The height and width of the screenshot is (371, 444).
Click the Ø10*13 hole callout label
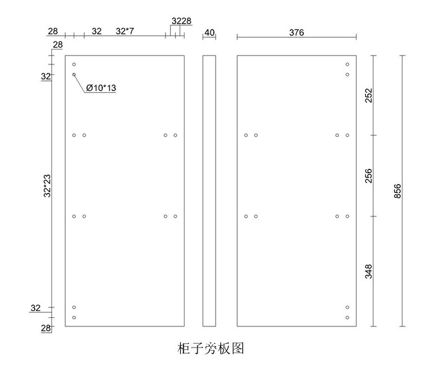[x=102, y=88]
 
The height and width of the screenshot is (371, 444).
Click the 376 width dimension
[x=297, y=33]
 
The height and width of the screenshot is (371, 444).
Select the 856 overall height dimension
[x=398, y=191]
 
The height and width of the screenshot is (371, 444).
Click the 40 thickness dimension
[x=209, y=33]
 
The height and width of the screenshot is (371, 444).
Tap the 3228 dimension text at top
[x=181, y=21]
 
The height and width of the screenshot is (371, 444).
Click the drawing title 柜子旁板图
[x=211, y=349]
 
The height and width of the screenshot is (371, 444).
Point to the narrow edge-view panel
[x=209, y=190]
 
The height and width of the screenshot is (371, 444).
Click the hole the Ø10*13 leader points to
[x=74, y=75]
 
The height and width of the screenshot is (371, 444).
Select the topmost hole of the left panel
[x=74, y=64]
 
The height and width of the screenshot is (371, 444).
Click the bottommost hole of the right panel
[x=347, y=318]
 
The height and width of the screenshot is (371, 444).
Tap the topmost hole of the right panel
[x=347, y=64]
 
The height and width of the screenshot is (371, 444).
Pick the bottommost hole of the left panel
[x=74, y=318]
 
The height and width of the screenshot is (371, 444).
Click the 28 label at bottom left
[x=46, y=328]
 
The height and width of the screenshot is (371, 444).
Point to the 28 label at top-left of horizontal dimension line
[x=53, y=31]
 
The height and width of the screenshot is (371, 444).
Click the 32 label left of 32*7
[x=97, y=31]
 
